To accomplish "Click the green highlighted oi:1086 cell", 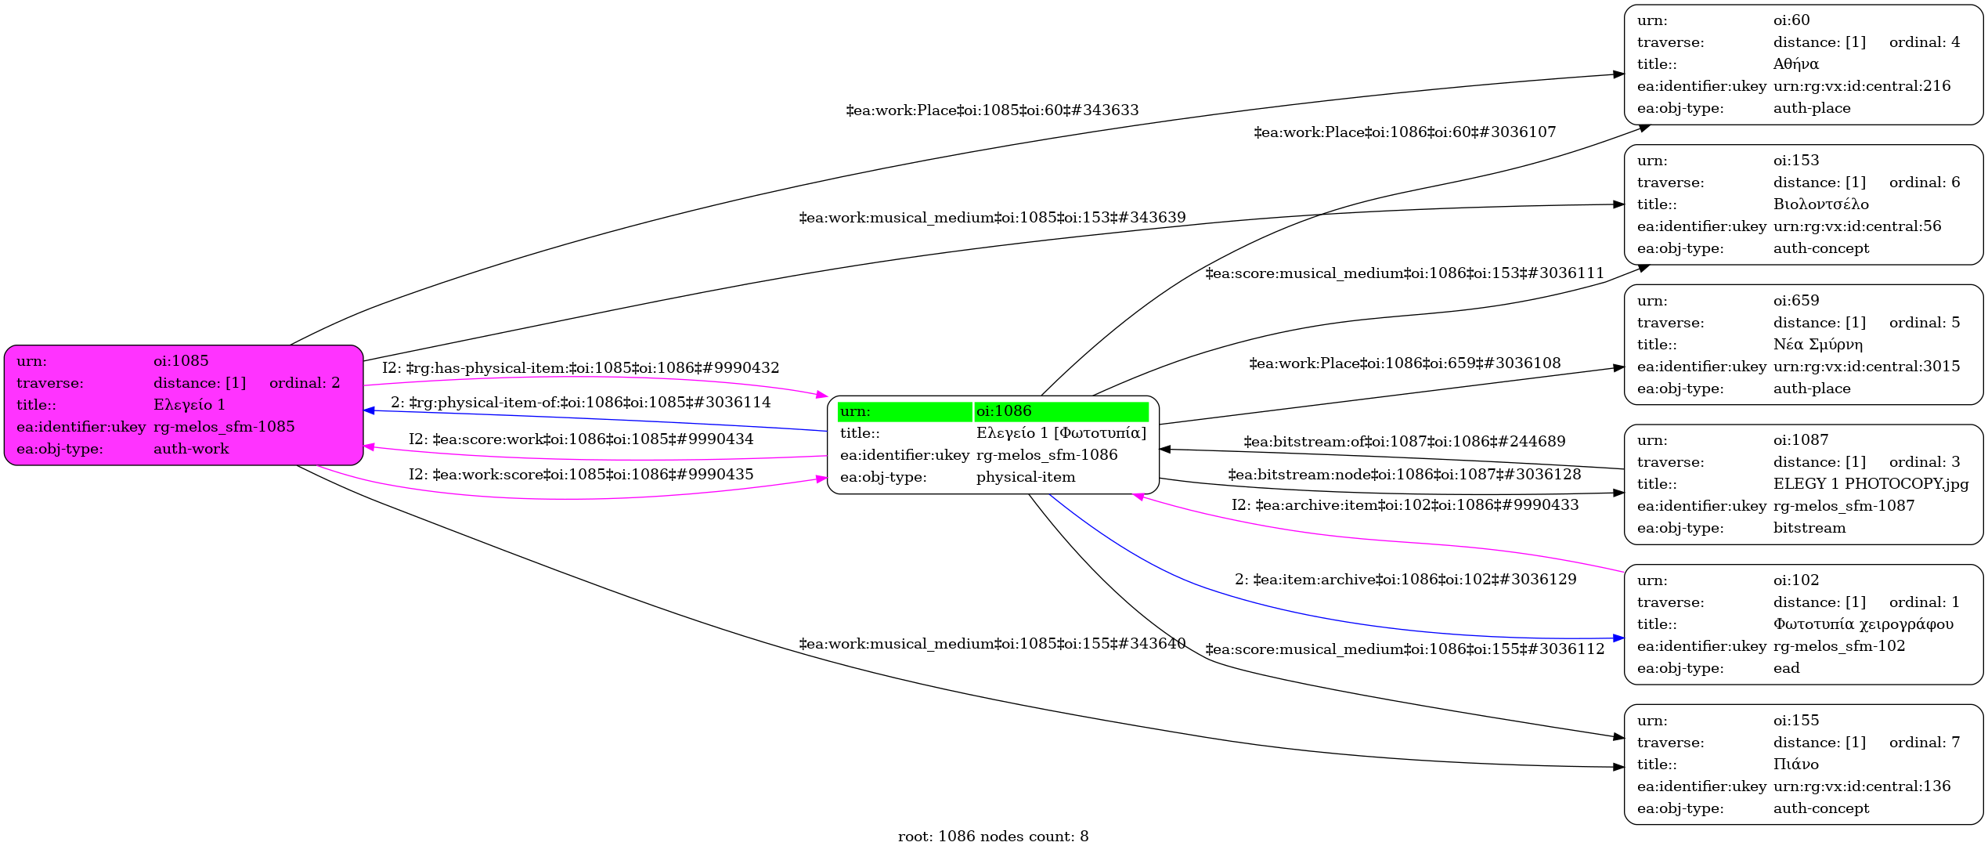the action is point(1061,411).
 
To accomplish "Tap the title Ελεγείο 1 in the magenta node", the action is point(189,405).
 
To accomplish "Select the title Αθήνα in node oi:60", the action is point(1796,64).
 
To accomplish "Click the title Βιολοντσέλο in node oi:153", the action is point(1821,204).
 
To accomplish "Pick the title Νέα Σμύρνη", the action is point(1818,345).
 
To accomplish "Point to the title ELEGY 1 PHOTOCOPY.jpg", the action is point(1871,484).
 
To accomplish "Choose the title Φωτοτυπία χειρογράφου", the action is point(1864,624).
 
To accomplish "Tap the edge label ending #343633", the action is point(992,110).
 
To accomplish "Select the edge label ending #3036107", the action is point(1405,132).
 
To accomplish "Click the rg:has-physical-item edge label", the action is point(581,368).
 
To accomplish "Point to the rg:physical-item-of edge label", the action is point(581,403).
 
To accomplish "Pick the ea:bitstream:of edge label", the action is point(1405,442).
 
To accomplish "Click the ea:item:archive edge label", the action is point(1405,580).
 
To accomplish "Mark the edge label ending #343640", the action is point(992,644).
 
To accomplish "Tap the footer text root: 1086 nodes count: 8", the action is point(993,837).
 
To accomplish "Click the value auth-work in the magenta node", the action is point(191,449).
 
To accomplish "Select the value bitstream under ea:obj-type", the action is point(1809,528).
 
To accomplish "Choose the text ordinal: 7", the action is point(1925,743).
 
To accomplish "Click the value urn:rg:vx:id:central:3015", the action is point(1867,367).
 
